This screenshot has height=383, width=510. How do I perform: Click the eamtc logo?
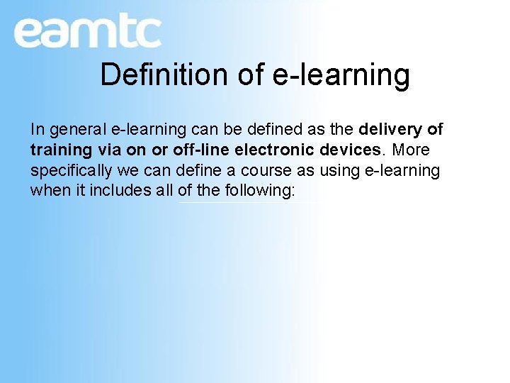(x=87, y=33)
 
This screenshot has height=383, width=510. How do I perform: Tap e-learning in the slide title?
(x=341, y=74)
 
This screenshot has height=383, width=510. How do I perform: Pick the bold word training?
(x=61, y=150)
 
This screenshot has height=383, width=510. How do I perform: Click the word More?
(x=412, y=150)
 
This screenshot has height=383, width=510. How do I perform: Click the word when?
(x=47, y=191)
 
